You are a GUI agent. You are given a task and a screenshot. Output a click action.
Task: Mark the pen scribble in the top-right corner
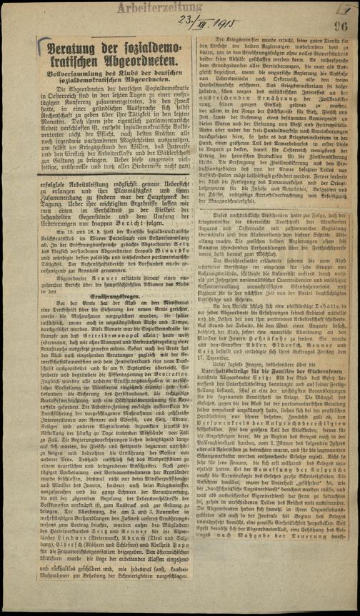coord(347,9)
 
